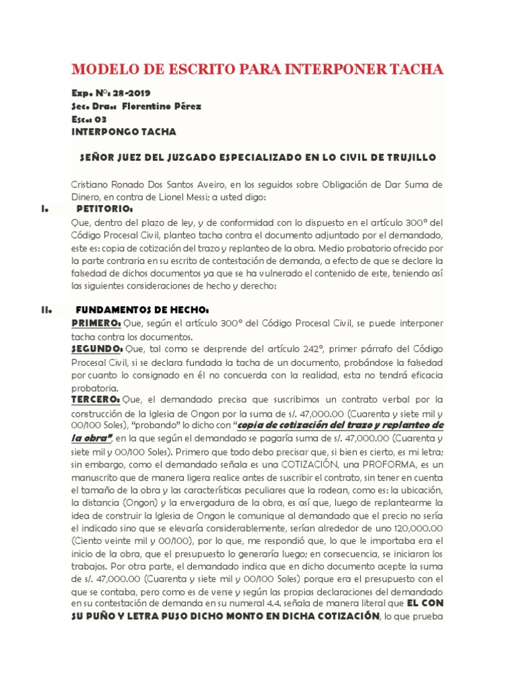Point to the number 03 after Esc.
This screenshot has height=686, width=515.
tap(101, 119)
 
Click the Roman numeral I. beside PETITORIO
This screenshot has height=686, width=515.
tap(44, 210)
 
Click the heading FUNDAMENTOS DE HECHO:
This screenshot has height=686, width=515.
tap(143, 310)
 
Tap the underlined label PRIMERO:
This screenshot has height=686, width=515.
tap(97, 324)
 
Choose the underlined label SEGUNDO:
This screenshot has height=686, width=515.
tap(97, 349)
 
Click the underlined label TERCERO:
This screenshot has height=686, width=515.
tap(96, 400)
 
